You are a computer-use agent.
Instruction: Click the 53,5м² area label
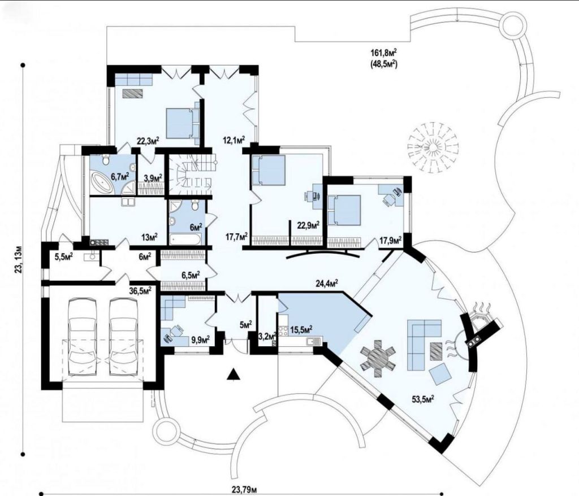coord(422,399)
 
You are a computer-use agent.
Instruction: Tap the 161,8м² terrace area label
coord(384,52)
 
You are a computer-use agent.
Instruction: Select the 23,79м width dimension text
coord(244,490)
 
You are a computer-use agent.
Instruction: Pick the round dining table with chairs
coord(378,358)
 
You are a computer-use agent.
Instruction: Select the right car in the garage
coord(124,336)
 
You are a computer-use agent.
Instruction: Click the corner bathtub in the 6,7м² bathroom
coord(102,182)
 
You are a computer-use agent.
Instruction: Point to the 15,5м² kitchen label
coord(302,329)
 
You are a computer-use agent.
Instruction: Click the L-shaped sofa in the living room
coord(424,345)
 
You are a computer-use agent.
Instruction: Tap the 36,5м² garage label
coord(140,291)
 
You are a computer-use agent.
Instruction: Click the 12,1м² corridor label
coord(234,140)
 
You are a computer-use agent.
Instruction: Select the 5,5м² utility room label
coord(63,256)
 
